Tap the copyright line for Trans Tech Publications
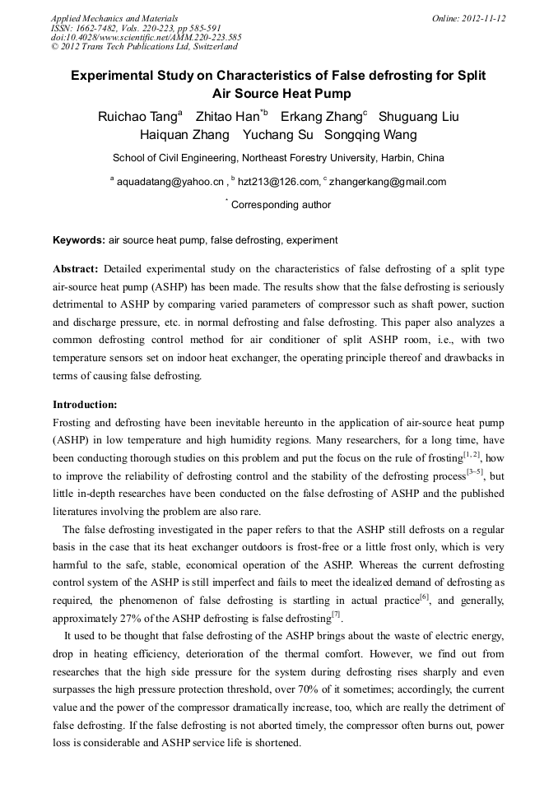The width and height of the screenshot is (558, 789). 144,47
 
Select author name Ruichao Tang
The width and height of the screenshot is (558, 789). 137,117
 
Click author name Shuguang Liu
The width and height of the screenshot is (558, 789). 418,117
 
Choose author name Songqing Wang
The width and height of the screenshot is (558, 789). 370,135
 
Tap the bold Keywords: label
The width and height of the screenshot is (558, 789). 79,240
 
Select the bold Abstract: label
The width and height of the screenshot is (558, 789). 76,269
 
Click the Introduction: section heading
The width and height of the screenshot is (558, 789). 85,405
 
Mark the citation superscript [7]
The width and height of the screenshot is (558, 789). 336,613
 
